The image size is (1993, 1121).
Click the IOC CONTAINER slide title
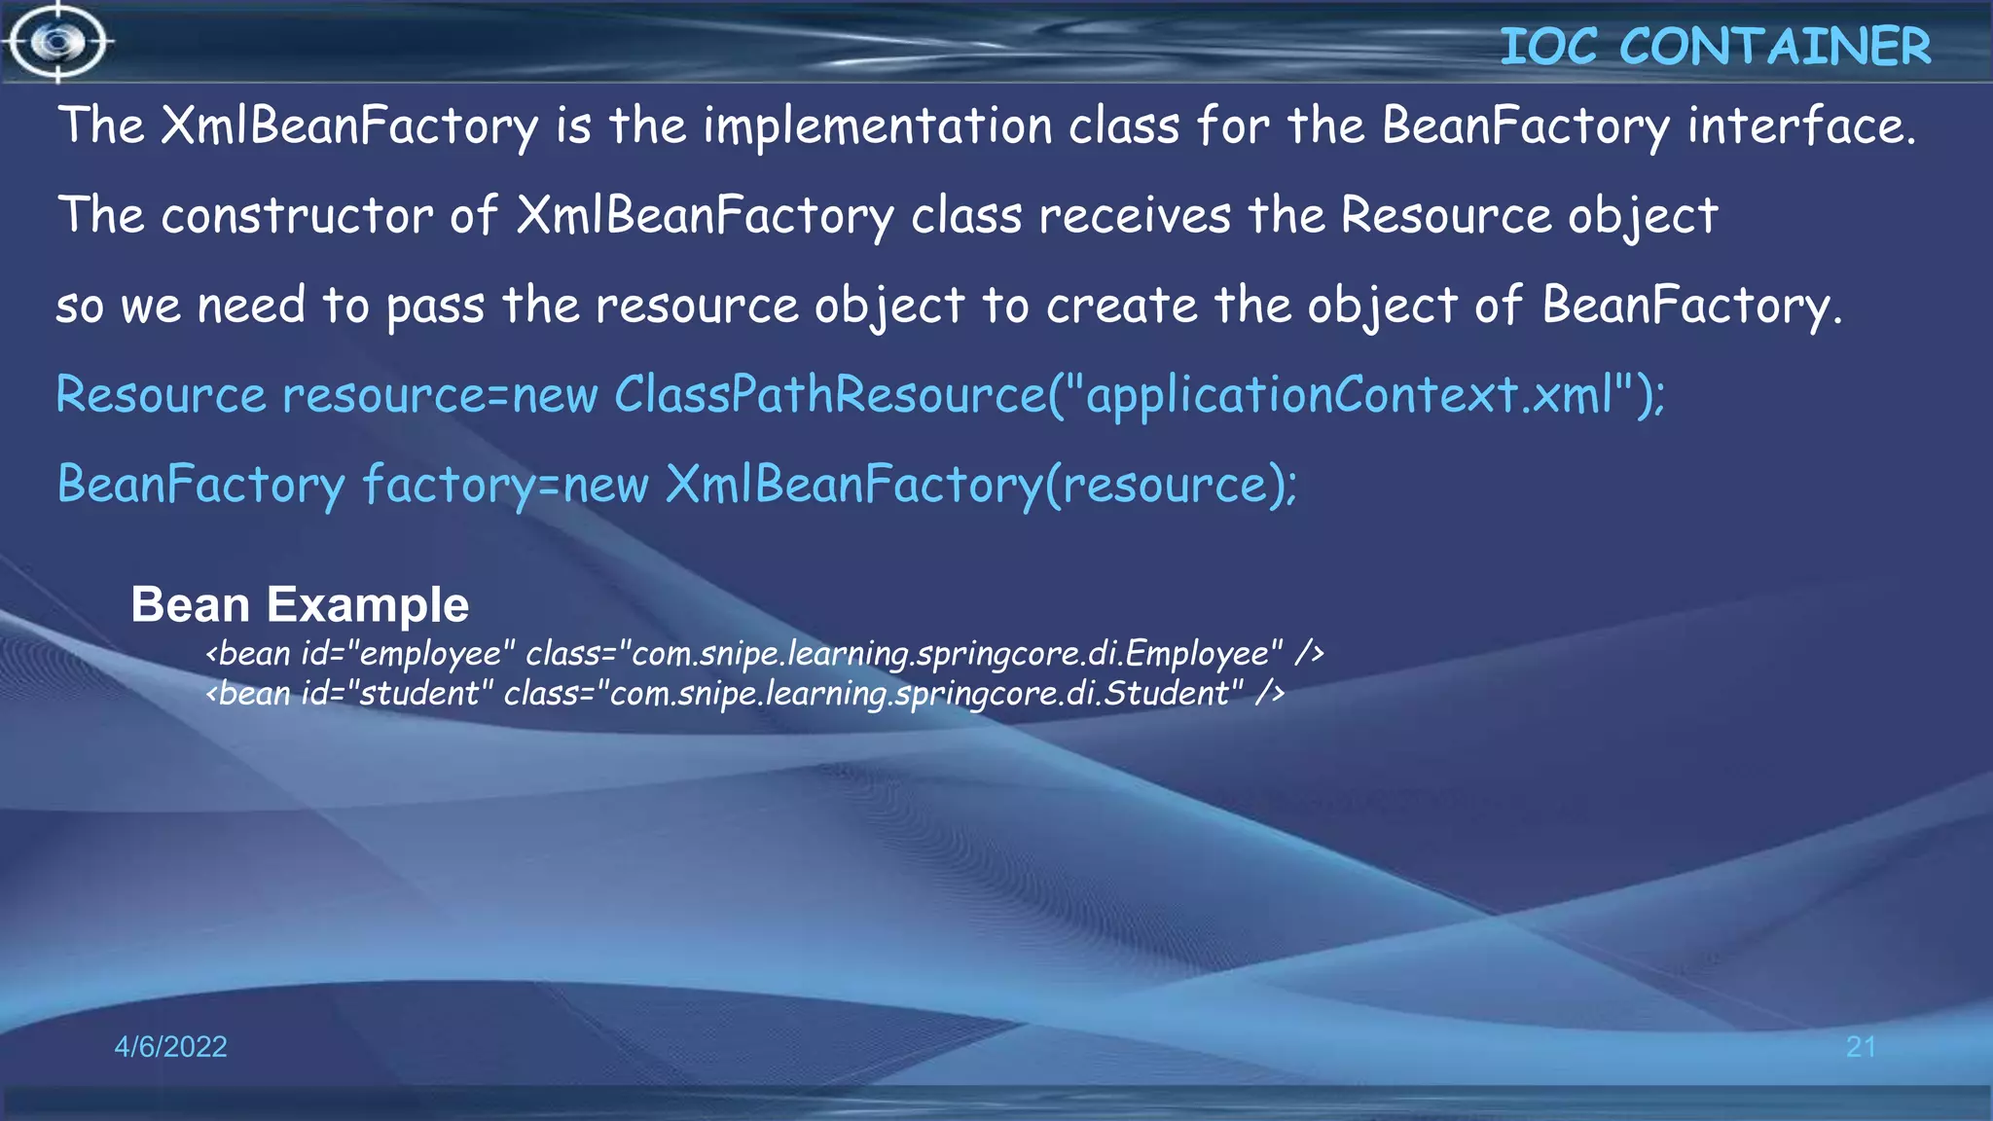point(1715,47)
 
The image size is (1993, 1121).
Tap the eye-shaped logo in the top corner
point(58,42)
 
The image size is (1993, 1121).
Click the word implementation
point(878,127)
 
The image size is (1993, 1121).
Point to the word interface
point(1800,127)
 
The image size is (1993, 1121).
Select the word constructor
point(297,216)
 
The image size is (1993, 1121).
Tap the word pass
point(435,307)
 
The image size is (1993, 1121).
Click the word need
point(251,306)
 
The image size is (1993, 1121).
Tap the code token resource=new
point(440,395)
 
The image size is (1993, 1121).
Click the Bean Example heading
point(300,604)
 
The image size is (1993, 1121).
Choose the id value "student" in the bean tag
point(419,694)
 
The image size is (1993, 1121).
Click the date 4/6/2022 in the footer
point(170,1047)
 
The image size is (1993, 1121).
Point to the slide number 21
point(1861,1047)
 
